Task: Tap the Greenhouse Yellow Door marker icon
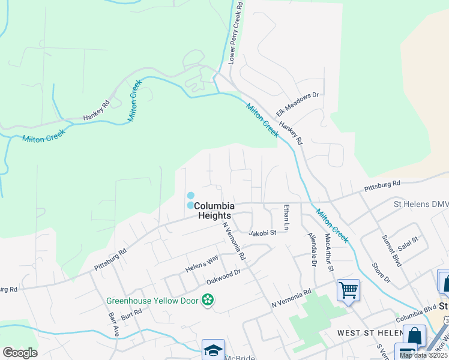pos(208,299)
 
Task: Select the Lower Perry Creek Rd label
pos(236,33)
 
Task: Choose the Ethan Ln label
pos(287,217)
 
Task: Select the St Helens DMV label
pos(421,205)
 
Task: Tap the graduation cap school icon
pos(214,350)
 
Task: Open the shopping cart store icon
pos(348,290)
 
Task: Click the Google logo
pos(20,353)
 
